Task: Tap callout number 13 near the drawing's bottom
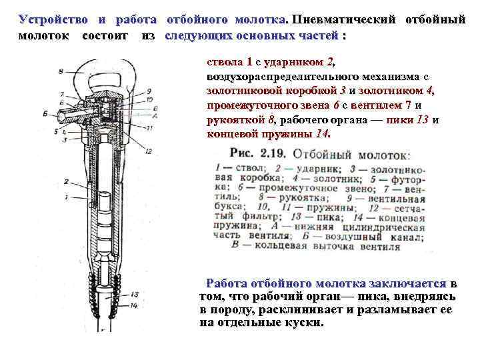[135, 294]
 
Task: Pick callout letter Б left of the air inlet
[44, 114]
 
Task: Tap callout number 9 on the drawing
[148, 91]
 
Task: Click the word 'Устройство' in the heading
[52, 19]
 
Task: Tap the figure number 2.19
[273, 153]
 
